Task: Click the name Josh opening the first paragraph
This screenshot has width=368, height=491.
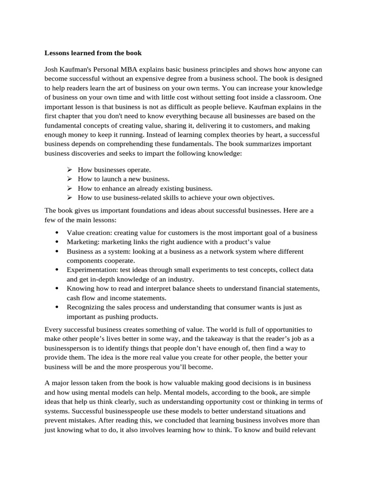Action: pos(52,69)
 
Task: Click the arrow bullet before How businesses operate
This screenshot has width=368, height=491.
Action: pos(69,170)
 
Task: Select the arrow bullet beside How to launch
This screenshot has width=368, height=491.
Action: pos(69,179)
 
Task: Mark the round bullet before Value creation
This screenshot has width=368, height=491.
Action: pos(57,233)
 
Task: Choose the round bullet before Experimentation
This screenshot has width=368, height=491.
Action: pos(57,270)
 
